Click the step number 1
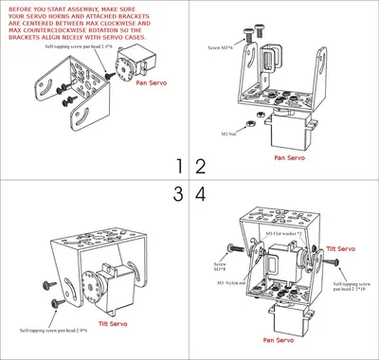tap(178, 167)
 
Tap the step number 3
tap(178, 194)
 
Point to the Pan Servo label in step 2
tap(287, 158)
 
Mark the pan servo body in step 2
tap(285, 132)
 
